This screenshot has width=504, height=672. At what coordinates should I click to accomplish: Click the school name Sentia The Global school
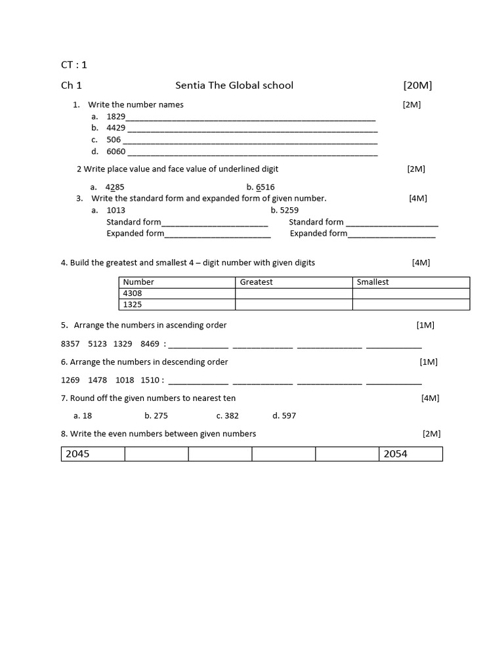pos(234,85)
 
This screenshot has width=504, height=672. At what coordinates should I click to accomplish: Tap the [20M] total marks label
pos(417,85)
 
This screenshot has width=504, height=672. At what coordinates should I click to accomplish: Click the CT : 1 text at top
pos(73,64)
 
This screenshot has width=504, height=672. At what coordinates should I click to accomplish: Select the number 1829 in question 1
pos(115,116)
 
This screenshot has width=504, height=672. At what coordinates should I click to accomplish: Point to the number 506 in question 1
pos(114,140)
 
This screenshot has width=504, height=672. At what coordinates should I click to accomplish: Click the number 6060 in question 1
pos(115,152)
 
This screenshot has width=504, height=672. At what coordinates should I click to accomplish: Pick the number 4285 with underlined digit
pos(115,187)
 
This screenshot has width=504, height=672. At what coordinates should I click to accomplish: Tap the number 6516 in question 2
pos(265,187)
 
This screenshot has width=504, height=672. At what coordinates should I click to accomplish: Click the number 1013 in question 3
pos(115,211)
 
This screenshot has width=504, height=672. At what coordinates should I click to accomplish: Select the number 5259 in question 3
pos(289,211)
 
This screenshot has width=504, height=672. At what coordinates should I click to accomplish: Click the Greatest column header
pos(256,282)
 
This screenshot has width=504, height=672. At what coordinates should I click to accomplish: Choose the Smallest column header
pos(372,282)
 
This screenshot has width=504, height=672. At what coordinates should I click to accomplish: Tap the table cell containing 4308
pos(177,293)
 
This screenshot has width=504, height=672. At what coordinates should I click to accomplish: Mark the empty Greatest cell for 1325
pos(293,304)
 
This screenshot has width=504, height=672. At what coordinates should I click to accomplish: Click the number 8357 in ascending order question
pos(70,343)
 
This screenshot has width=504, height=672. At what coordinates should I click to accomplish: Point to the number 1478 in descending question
pos(97,380)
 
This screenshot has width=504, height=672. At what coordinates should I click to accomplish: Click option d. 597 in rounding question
pos(284,416)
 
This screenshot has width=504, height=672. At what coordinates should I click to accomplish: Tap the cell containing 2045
pos(93,454)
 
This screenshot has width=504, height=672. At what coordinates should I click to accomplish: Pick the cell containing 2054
pos(410,454)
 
